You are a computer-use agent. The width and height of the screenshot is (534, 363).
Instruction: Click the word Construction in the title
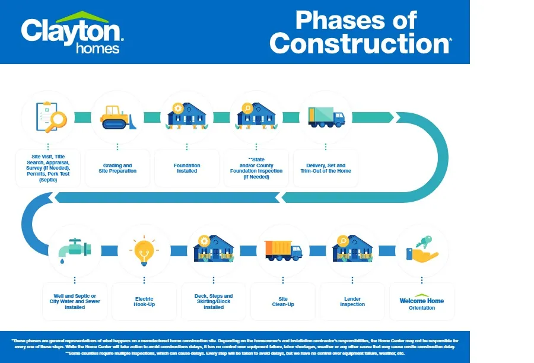(x=360, y=44)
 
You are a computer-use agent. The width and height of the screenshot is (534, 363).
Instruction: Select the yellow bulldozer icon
(x=117, y=117)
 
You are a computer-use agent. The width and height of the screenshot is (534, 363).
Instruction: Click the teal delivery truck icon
(x=326, y=117)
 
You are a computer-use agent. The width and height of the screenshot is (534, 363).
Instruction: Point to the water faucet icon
(x=74, y=250)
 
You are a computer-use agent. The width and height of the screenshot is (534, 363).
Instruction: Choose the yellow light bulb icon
(x=144, y=250)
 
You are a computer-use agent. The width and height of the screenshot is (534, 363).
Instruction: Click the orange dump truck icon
(x=282, y=250)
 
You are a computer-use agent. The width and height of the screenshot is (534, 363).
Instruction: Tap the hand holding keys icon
(x=422, y=250)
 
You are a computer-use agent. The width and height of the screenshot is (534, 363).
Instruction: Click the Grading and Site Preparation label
(x=117, y=168)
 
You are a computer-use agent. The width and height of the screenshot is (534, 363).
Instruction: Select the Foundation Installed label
(x=187, y=168)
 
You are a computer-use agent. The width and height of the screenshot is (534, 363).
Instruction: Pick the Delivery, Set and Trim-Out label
(x=326, y=168)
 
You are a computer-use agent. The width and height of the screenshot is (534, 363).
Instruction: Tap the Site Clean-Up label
(x=283, y=301)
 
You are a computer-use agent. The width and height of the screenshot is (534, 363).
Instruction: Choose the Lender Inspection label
(x=352, y=301)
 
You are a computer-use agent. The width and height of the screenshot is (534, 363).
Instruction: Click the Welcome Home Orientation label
(x=422, y=302)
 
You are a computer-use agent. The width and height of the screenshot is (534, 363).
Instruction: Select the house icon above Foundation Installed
(x=186, y=116)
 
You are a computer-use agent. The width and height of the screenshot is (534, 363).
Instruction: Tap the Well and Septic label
(x=75, y=301)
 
